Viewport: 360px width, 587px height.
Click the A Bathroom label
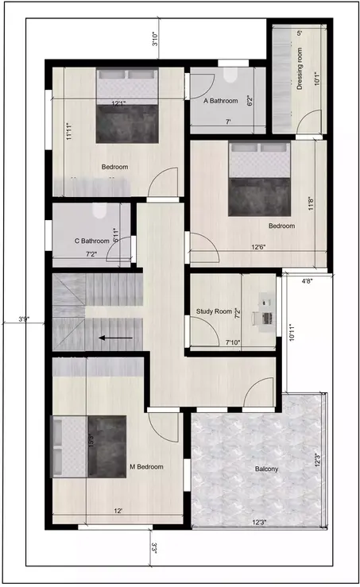pos(221,101)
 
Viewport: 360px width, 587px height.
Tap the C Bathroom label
pos(91,241)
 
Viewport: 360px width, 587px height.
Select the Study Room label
pos(214,311)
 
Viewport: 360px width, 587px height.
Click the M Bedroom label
pos(146,466)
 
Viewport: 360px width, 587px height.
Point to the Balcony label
pos(266,469)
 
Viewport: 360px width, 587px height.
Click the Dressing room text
pos(300,70)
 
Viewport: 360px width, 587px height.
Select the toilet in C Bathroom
pos(99,212)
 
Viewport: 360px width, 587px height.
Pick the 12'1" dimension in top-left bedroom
pos(120,102)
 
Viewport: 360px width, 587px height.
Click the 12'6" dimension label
pos(259,247)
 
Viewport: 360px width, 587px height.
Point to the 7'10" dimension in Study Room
pos(233,342)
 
